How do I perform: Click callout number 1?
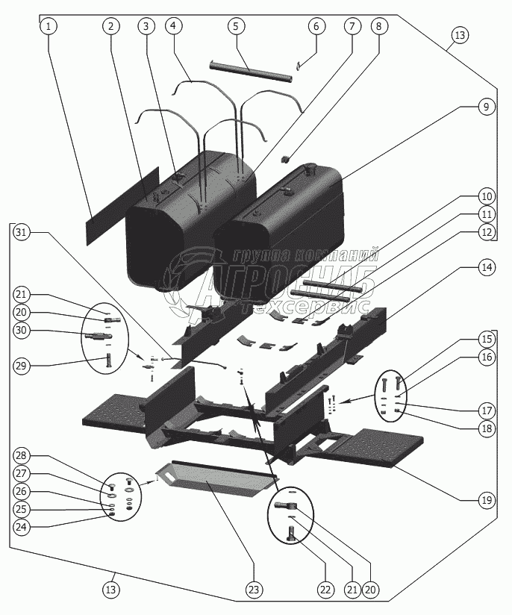click(x=49, y=26)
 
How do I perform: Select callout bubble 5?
click(x=235, y=26)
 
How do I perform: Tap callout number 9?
click(x=485, y=107)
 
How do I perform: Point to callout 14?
click(x=485, y=266)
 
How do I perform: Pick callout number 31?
click(x=22, y=232)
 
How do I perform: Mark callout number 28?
click(x=22, y=456)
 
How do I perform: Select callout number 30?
click(x=22, y=331)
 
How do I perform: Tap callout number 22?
click(x=324, y=590)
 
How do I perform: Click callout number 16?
click(x=485, y=358)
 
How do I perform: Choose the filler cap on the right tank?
click(x=304, y=172)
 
